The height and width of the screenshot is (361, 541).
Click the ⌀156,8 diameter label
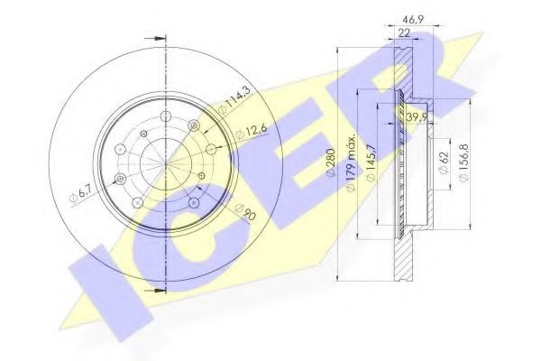point(463,162)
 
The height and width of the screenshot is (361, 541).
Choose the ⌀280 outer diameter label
point(332,162)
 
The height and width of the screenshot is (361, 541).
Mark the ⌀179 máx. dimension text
point(352,162)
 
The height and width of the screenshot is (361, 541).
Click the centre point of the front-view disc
point(167,163)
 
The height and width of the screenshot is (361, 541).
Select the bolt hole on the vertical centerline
point(167,116)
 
